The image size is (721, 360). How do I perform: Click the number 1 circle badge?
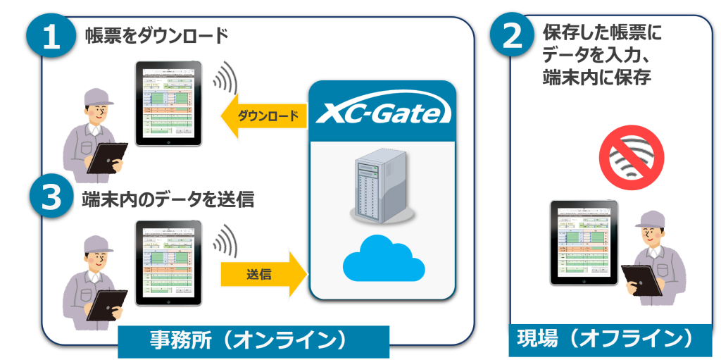click(x=51, y=37)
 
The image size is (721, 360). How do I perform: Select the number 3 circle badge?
click(x=51, y=199)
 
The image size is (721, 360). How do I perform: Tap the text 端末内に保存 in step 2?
click(x=596, y=77)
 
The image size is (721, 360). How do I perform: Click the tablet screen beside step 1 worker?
click(x=168, y=103)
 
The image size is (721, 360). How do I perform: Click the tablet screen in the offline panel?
click(x=584, y=242)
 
